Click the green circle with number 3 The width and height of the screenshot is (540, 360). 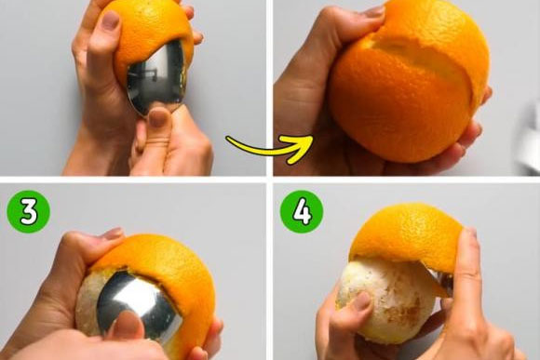(x=29, y=212)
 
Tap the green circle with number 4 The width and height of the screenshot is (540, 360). (x=302, y=212)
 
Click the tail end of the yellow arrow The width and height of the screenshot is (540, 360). (x=228, y=139)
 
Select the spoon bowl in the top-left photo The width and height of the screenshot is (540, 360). (x=155, y=77)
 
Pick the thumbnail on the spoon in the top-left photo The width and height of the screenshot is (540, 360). (x=159, y=117)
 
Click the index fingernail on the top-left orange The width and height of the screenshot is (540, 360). (x=110, y=20)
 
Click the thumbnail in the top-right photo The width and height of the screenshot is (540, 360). (x=374, y=12)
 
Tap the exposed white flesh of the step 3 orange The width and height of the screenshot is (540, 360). (x=88, y=303)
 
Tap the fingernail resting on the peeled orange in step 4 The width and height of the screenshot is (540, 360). (x=361, y=300)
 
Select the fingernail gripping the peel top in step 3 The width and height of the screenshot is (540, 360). (x=113, y=233)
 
